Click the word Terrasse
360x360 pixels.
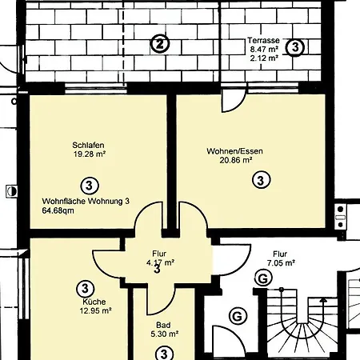pos(263,39)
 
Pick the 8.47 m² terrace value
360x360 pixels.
pos(264,49)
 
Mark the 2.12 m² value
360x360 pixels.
pos(264,58)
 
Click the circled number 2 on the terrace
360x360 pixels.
pos(161,44)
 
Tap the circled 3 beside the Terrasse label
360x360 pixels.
pos(296,47)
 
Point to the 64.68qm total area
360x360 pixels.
pos(58,212)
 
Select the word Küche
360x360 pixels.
pos(94,302)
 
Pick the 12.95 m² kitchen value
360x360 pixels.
pos(96,311)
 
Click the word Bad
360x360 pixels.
pos(162,326)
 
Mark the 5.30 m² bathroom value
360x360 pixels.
pos(164,334)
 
